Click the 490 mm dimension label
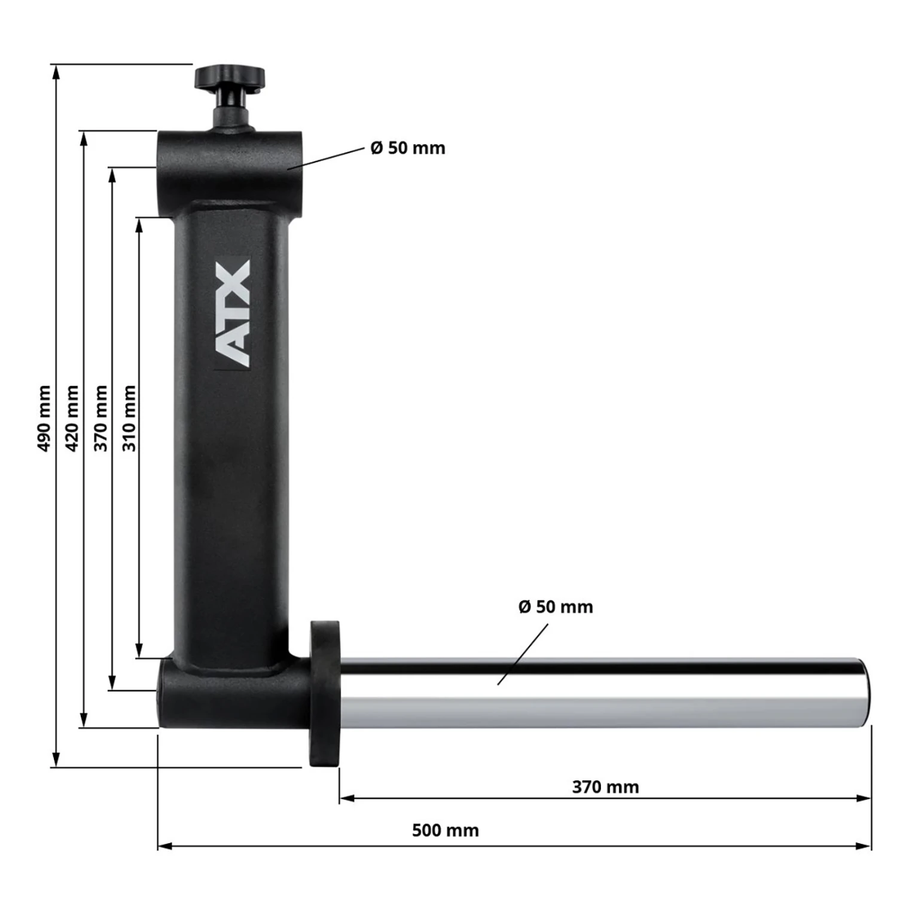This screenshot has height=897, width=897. (44, 419)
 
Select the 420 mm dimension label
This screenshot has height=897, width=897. (72, 419)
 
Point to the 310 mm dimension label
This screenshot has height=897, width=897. (129, 419)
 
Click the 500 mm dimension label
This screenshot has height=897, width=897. (446, 831)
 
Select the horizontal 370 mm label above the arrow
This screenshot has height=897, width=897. (605, 787)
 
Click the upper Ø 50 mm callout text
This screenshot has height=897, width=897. (408, 148)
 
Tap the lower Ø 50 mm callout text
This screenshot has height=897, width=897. (556, 607)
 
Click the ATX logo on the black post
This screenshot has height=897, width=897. (232, 313)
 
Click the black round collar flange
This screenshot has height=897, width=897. (325, 694)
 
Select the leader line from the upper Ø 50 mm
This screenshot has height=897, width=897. (326, 158)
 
